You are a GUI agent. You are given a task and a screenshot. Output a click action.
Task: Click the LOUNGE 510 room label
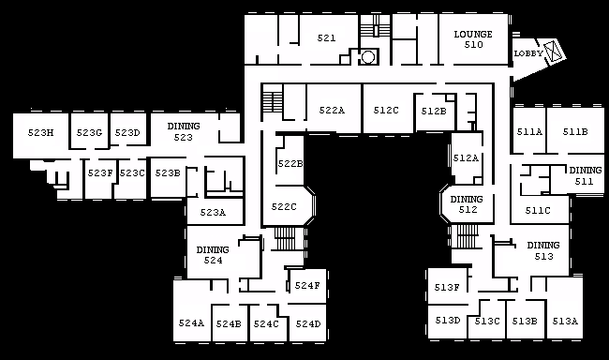coord(473,39)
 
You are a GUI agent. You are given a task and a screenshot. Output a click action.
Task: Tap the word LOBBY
coord(528,53)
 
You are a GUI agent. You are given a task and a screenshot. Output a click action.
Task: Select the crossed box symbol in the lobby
coord(552,52)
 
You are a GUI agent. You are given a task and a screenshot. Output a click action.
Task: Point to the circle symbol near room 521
coord(368,57)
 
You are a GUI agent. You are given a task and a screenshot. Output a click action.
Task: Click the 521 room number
coord(326,37)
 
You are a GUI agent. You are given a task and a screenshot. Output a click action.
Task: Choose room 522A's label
coord(332,111)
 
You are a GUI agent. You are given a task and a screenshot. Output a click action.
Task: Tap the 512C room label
coord(386,111)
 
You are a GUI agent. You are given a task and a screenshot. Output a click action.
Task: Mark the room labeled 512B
coord(434,112)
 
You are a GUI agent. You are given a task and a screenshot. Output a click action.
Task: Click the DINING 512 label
coord(467,204)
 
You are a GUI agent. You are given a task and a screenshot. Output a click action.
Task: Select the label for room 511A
coord(529,132)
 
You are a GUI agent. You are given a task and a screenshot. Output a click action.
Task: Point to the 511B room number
coord(575,132)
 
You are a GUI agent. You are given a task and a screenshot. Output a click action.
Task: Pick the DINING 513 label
coord(543,250)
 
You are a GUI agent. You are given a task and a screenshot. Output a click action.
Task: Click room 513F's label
coord(447,287)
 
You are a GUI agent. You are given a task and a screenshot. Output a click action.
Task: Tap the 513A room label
coord(565,322)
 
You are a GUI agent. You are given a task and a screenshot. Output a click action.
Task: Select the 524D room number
coord(308,323)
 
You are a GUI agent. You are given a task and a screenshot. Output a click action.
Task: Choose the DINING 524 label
coord(213,255)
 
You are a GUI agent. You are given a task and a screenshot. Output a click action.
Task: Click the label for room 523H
coord(40,132)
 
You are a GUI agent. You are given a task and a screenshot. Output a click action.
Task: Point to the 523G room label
coord(89,132)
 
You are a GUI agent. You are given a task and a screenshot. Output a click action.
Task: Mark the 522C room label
coord(284,207)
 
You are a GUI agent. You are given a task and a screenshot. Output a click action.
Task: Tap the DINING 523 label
coord(184,132)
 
